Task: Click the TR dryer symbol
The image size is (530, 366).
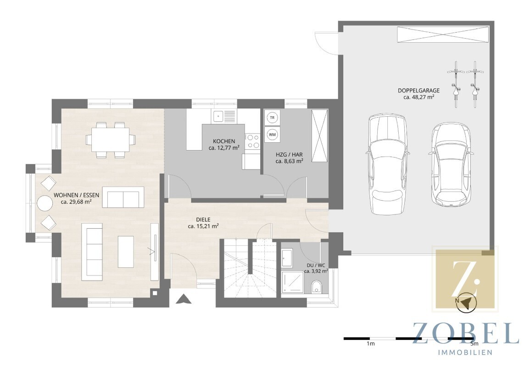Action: [272, 118]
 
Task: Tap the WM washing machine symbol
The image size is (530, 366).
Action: [272, 134]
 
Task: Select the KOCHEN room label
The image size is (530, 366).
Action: [224, 141]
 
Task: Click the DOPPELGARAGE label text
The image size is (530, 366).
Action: [418, 90]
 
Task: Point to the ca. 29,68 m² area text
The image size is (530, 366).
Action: [76, 202]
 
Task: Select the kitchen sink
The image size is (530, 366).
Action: [224, 116]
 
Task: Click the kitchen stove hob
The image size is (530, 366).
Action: [252, 141]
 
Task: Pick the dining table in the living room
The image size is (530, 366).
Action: [110, 139]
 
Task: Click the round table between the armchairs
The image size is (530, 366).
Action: [45, 203]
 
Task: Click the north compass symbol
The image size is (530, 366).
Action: [466, 301]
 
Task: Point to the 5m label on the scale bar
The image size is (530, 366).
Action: [474, 343]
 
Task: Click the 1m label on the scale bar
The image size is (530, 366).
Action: [370, 343]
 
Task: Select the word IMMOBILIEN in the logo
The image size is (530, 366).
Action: [465, 353]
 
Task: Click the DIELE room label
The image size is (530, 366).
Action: [203, 220]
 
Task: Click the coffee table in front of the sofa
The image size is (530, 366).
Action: [126, 251]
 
